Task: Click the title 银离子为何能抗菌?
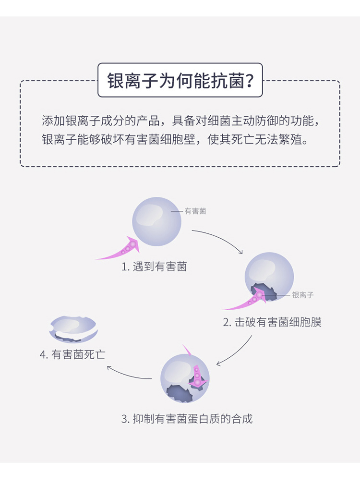coord(180,80)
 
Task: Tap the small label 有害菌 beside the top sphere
coord(195,211)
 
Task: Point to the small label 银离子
coord(303,295)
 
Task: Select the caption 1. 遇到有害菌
coord(154,267)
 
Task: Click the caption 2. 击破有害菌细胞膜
coord(272,322)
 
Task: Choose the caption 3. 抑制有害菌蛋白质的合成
coord(187,419)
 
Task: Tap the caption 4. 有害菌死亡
coord(72,354)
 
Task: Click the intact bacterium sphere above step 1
coord(156,221)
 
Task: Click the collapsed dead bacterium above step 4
coord(73,329)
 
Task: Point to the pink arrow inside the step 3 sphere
coord(197,377)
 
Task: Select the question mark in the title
coord(250,81)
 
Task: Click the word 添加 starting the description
coord(53,121)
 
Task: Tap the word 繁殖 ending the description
coord(290,139)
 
